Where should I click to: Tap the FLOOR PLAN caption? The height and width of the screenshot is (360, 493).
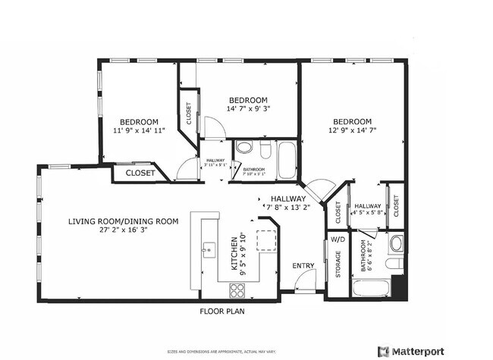[221, 311]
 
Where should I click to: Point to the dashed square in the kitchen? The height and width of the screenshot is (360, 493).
[266, 240]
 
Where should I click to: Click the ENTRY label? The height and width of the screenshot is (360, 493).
[303, 265]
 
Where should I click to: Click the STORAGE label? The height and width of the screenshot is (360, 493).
[338, 265]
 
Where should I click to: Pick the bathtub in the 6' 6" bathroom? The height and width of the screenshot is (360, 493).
[372, 289]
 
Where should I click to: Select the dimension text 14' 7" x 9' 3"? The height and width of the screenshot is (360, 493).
[249, 109]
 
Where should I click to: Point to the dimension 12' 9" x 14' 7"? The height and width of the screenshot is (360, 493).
[352, 131]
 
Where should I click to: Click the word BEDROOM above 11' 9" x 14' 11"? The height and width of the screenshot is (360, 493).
[139, 122]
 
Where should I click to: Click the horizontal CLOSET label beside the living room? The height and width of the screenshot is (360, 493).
[140, 174]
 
